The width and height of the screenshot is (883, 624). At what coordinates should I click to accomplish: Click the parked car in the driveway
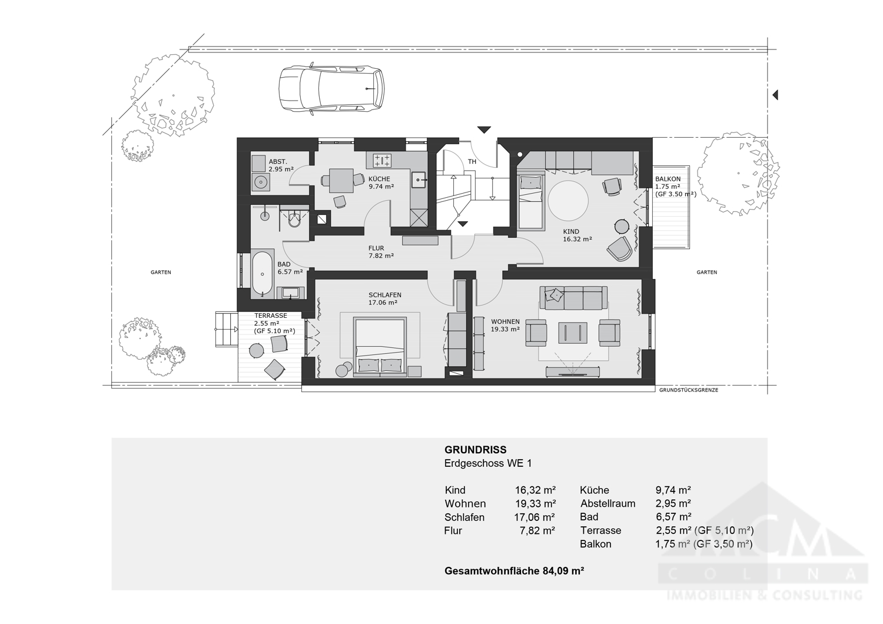(x=331, y=88)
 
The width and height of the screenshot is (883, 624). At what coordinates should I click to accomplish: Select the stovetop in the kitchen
(x=382, y=160)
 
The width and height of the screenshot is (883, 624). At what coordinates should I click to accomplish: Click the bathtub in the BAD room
(x=262, y=273)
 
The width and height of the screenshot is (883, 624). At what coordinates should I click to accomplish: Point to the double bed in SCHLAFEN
(x=380, y=346)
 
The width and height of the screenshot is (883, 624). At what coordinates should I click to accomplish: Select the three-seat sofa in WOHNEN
(x=573, y=298)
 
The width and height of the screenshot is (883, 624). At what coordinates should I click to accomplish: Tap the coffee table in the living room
(x=572, y=333)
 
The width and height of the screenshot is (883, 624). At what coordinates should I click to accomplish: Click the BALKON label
(x=668, y=179)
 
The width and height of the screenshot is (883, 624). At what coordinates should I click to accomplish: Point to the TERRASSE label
(x=271, y=316)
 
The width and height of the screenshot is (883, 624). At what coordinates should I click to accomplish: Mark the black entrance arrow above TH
(x=484, y=130)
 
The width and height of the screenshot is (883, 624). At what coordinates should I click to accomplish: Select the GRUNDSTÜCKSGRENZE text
(x=688, y=390)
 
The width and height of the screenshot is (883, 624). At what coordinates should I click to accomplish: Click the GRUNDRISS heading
(x=475, y=450)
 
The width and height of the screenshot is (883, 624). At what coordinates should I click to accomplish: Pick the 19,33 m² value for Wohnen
(x=535, y=504)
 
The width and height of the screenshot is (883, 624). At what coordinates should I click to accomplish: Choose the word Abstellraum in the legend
(x=608, y=504)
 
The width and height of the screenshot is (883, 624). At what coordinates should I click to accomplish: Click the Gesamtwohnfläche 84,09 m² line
(x=514, y=571)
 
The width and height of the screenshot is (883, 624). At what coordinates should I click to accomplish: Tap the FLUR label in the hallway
(x=376, y=248)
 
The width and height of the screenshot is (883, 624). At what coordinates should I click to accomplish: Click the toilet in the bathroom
(x=294, y=220)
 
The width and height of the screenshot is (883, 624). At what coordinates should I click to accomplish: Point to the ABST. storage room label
(x=278, y=162)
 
